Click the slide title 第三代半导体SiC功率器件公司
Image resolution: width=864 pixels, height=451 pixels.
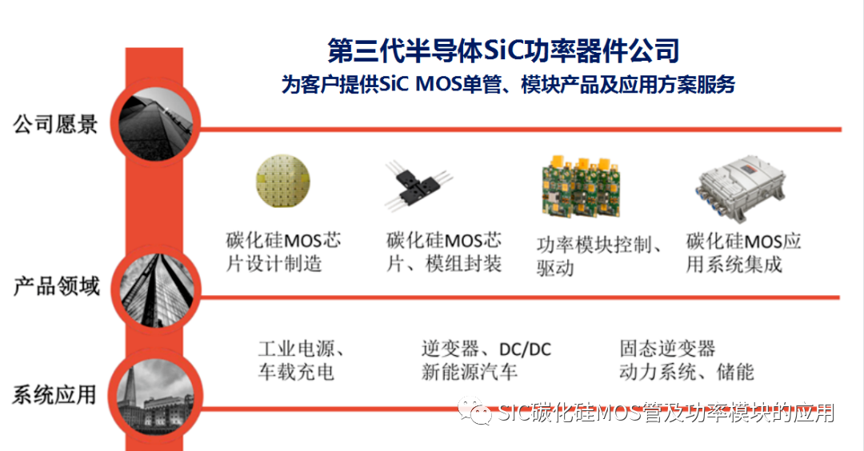click(x=504, y=50)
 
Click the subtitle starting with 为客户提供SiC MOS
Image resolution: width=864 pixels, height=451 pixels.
click(x=507, y=85)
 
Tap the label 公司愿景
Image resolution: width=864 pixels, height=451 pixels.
click(x=55, y=125)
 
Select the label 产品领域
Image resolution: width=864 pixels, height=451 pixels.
click(x=55, y=285)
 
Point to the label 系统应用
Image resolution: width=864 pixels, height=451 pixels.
click(x=54, y=394)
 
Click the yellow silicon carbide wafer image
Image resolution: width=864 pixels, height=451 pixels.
click(x=282, y=181)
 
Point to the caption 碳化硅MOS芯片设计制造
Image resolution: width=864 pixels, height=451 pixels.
click(x=283, y=252)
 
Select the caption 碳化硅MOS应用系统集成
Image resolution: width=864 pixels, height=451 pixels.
click(x=743, y=252)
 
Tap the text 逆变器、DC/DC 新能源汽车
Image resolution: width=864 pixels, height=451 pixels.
click(x=486, y=361)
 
